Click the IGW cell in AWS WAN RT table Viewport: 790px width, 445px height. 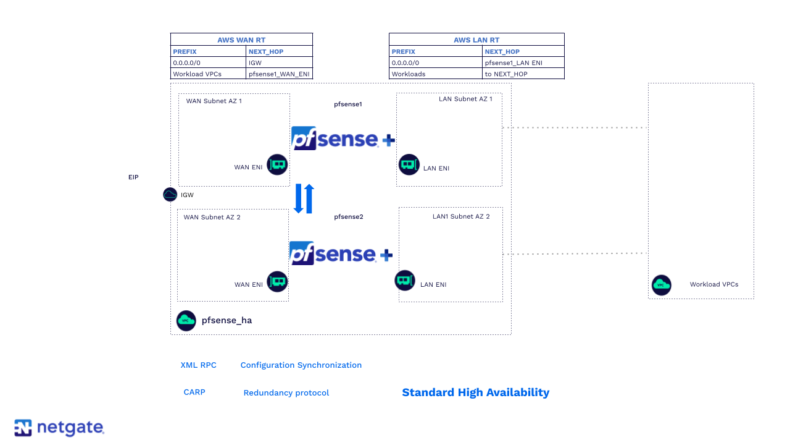coord(279,62)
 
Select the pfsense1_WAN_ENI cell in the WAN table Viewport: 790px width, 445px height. coord(279,74)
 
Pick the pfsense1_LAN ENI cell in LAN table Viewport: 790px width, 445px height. coord(523,62)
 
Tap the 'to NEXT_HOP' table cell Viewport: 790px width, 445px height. coord(523,74)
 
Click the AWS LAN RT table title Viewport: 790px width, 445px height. coord(476,40)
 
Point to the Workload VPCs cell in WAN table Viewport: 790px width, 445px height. coord(208,74)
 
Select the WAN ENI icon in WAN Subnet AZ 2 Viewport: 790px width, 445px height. coord(277,282)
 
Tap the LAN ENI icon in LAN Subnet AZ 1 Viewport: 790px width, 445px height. coord(409,165)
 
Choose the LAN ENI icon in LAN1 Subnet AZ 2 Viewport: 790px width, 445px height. coord(405,281)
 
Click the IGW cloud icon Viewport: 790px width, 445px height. coord(170,195)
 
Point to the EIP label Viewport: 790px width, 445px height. coord(133,177)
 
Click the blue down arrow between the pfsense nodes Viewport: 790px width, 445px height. coord(299,199)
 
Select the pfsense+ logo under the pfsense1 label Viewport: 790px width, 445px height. coord(343,138)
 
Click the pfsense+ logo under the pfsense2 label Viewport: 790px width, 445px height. coord(341,253)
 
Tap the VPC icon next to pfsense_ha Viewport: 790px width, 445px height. coord(186,321)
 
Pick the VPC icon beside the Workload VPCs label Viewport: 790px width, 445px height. coord(662,285)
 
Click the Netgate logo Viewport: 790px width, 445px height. coord(59,428)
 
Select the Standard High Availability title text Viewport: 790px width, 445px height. coord(475,392)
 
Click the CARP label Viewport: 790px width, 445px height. coord(194,392)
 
